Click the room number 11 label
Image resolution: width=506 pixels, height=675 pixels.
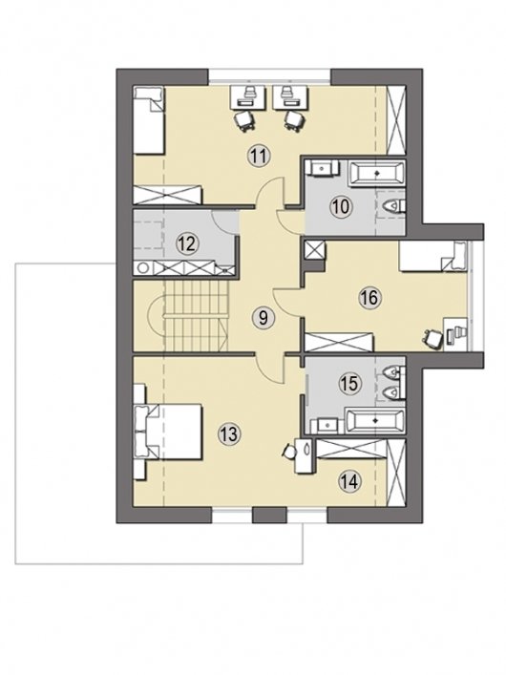coord(259,156)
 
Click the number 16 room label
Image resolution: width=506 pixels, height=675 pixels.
coord(369,298)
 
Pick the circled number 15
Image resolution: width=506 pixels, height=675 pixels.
coord(349,384)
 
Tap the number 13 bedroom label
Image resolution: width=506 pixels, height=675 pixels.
coord(228,433)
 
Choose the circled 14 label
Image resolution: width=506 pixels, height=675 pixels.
coord(349,482)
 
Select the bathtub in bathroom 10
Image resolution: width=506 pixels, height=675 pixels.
coord(377,174)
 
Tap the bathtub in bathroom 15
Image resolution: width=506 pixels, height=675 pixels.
coord(375,421)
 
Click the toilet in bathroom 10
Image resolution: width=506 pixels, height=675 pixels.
coord(393,207)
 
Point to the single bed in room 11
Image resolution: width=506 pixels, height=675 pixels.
coord(149,120)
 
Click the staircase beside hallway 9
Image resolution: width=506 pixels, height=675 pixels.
coord(195,316)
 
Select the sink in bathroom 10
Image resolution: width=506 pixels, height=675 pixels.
coord(322,167)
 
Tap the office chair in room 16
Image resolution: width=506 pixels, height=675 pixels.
coord(432,337)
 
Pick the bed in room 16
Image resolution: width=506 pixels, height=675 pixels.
coord(433,257)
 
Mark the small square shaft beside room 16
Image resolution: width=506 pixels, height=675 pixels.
coord(313,249)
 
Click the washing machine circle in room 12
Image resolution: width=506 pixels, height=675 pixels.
coord(142,268)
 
